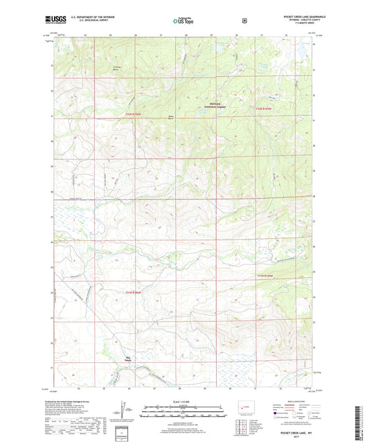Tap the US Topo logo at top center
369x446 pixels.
(183, 21)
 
